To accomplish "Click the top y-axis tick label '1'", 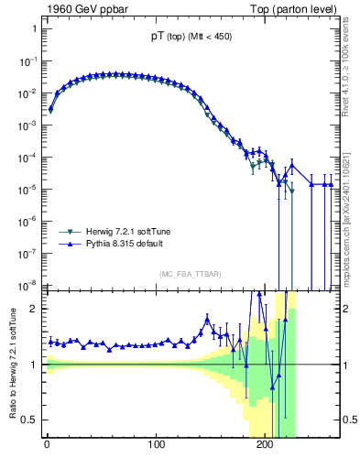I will (34, 28).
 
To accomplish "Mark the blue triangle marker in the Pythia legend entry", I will (70, 245).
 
